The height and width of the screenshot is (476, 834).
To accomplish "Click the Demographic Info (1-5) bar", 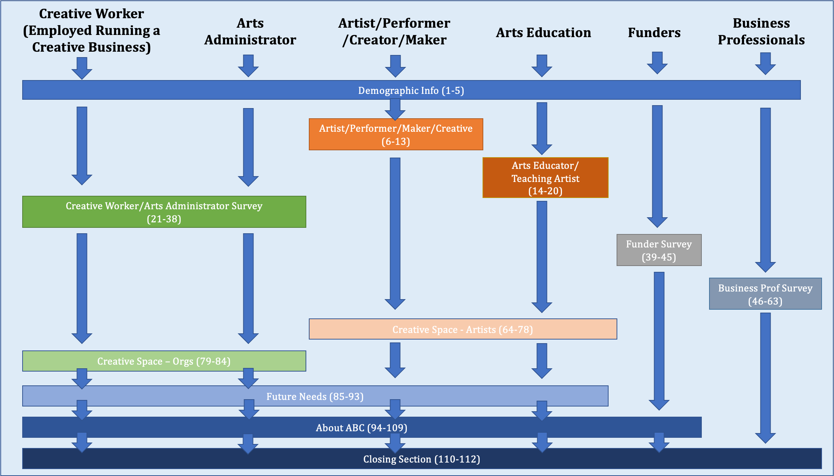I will [x=411, y=90].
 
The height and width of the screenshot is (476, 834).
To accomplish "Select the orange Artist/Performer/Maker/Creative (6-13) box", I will [x=396, y=134].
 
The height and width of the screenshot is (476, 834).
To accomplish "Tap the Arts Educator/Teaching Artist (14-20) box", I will [x=545, y=178].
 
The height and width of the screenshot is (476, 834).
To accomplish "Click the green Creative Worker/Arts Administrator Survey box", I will [x=164, y=212].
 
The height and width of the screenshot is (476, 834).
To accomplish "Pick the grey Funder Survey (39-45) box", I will [x=659, y=250].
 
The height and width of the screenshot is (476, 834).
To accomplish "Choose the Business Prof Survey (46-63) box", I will [x=765, y=294].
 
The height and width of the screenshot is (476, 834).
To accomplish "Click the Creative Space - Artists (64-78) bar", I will [x=463, y=329].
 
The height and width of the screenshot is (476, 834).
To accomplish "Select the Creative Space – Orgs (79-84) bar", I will [x=164, y=361].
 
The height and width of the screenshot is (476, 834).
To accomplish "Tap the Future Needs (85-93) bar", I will [x=315, y=396].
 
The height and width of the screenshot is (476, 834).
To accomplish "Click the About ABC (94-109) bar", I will [x=362, y=428].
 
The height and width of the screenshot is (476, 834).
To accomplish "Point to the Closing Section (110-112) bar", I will [x=422, y=459].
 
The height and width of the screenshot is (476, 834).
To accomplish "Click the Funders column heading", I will [x=654, y=33].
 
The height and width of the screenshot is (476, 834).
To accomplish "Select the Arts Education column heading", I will [x=543, y=33].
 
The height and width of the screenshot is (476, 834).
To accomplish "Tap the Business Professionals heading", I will [x=761, y=31].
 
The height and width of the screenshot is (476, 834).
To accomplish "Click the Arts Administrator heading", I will [x=250, y=31].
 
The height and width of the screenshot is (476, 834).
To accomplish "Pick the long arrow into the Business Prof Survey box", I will [x=765, y=189].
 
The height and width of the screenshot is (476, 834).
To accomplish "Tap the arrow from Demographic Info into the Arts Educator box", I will [x=542, y=127].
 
